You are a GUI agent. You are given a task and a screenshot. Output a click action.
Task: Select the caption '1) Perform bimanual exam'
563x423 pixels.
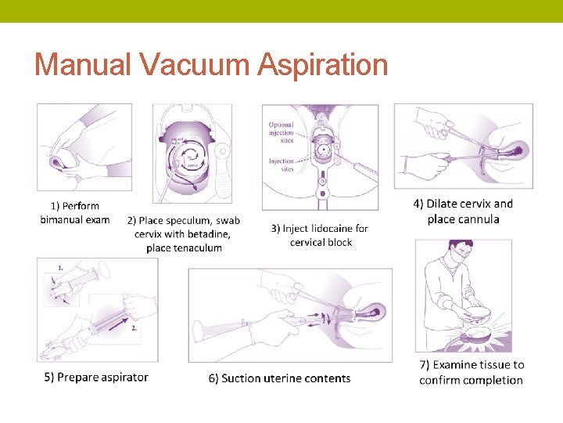75,213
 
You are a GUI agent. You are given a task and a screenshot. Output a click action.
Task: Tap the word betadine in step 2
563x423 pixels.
206,234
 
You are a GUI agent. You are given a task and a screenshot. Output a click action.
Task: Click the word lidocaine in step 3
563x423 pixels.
328,229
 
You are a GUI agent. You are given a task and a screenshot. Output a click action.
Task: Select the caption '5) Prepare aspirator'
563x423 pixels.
96,377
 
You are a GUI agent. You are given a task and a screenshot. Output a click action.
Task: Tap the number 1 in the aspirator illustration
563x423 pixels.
60,268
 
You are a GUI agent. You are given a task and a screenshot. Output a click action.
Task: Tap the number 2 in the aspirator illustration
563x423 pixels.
134,329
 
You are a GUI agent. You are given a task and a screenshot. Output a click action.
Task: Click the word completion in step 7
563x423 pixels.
493,381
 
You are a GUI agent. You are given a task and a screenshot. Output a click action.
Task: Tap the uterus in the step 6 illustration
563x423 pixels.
368,314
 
